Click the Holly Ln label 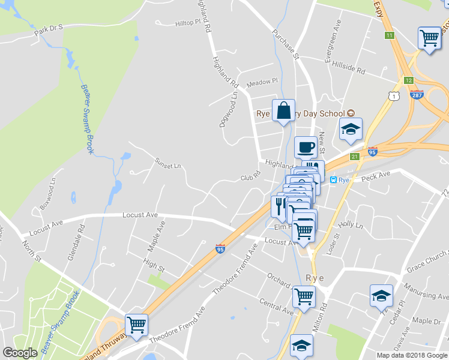click(351, 224)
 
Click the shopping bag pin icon click(283, 111)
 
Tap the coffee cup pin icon click(306, 148)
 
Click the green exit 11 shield click(390, 35)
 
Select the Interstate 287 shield click(417, 94)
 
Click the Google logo click(20, 352)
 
